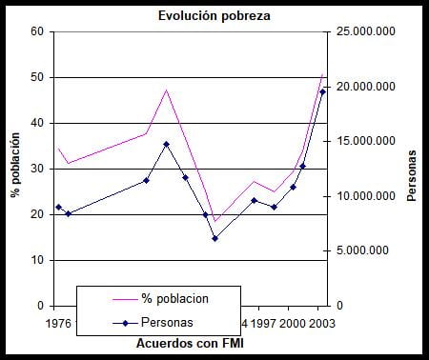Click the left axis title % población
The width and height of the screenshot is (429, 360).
tap(15, 168)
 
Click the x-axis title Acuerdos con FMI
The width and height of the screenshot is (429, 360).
tap(190, 342)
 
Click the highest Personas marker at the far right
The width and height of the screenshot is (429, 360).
tap(322, 92)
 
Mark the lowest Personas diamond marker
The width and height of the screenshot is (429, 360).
tap(214, 238)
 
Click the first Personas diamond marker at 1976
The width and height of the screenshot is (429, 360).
tap(58, 207)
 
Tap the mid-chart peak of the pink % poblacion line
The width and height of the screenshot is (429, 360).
tap(167, 90)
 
